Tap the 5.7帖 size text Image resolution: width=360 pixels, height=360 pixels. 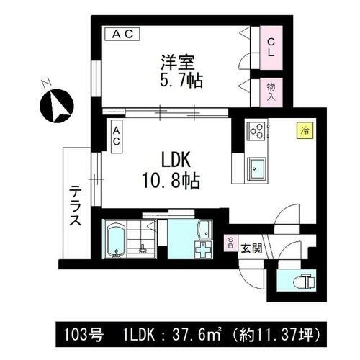(x=180, y=80)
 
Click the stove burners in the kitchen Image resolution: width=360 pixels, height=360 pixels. (x=257, y=130)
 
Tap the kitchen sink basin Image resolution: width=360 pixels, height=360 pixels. (x=257, y=171)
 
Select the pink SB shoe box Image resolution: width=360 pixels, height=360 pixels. (x=230, y=243)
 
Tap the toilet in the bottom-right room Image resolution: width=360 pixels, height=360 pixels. (x=304, y=281)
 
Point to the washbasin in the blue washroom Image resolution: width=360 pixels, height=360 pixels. (x=204, y=232)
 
